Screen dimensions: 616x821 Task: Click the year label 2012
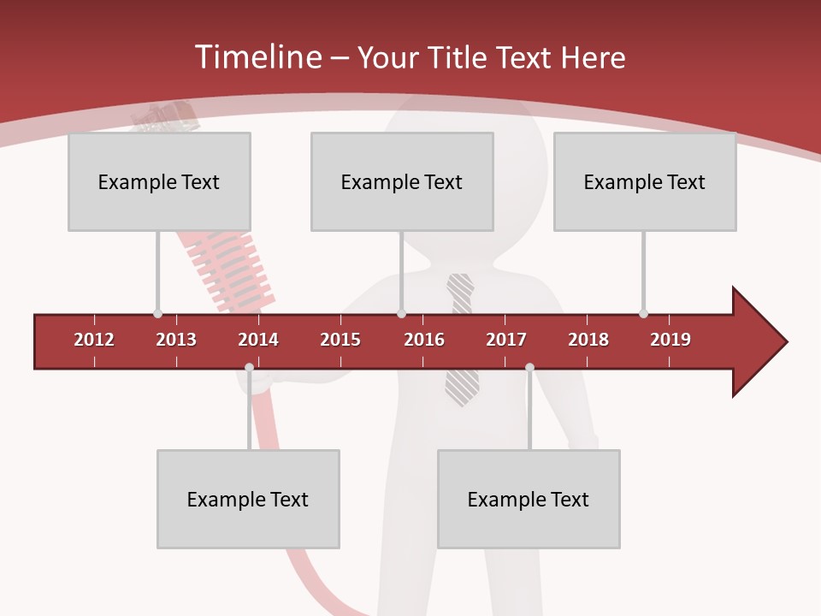(94, 340)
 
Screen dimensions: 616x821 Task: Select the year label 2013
(176, 340)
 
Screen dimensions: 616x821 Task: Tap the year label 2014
(258, 340)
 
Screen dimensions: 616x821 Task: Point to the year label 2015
(340, 340)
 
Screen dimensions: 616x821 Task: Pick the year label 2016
(424, 340)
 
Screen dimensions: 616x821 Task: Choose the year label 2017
(506, 340)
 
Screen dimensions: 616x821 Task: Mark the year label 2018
(588, 340)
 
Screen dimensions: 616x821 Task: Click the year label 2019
(670, 340)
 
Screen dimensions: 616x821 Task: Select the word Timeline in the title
(257, 57)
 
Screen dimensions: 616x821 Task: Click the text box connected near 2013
(159, 181)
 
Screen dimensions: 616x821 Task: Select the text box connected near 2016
(402, 181)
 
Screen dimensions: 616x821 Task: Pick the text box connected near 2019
(645, 181)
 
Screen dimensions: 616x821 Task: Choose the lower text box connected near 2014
(248, 499)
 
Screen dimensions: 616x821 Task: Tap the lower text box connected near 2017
(529, 499)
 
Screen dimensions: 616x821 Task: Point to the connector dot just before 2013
(157, 313)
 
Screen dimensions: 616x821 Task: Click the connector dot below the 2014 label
(249, 368)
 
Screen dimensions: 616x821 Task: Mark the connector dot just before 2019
(643, 313)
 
